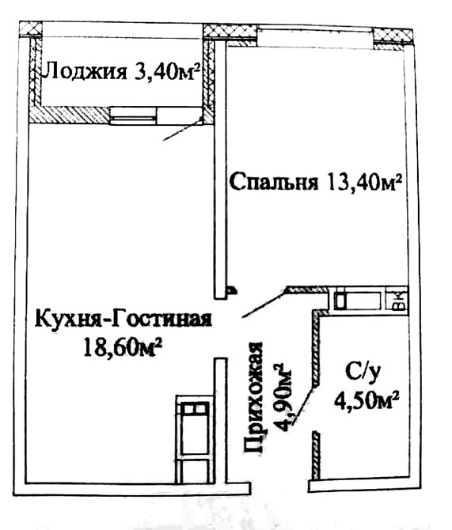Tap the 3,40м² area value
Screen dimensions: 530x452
165,74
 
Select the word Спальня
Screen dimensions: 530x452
274,183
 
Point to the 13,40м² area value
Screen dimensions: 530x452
361,183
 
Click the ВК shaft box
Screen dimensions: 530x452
398,299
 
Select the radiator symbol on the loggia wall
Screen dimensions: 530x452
135,116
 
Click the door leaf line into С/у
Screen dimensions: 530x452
317,391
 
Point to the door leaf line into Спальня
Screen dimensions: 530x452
264,303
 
